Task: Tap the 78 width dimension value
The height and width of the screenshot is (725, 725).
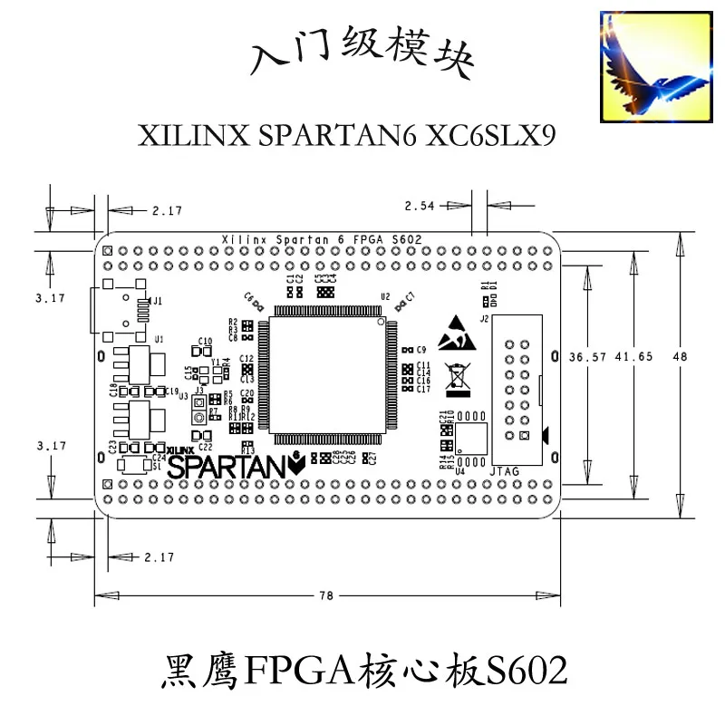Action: pos(326,595)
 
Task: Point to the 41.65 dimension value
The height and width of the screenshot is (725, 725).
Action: pos(633,356)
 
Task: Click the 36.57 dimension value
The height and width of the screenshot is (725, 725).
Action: pos(585,356)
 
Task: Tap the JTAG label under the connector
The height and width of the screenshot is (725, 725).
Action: pos(506,471)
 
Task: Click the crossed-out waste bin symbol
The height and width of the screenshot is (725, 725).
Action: pos(457,381)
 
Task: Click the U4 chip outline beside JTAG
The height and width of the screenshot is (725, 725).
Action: pos(471,439)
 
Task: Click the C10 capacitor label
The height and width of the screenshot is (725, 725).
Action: pos(205,341)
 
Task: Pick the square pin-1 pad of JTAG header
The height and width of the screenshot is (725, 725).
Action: pos(523,436)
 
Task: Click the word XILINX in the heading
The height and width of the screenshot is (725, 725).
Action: pos(191,135)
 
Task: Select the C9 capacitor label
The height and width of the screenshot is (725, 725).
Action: pos(420,349)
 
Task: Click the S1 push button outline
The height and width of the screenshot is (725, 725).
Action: pos(134,465)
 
